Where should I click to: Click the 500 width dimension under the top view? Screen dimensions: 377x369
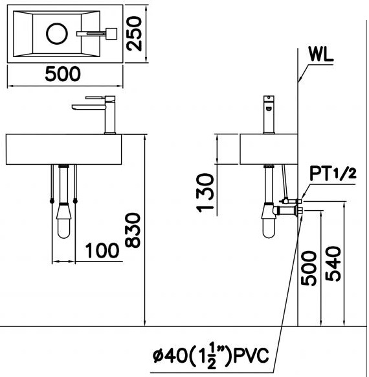click(63, 75)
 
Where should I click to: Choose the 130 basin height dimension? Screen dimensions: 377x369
click(205, 193)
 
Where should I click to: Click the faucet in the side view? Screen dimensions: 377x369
click(268, 114)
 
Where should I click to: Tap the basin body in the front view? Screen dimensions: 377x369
click(63, 149)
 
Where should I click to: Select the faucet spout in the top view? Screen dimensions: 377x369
click(89, 32)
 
